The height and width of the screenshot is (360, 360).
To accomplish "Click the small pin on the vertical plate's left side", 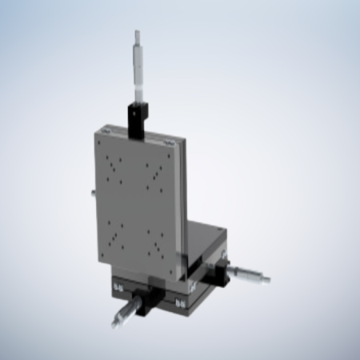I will [94, 192].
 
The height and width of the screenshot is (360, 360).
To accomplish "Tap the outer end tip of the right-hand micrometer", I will [268, 281].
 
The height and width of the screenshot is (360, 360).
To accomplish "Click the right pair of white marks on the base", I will [181, 302].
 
